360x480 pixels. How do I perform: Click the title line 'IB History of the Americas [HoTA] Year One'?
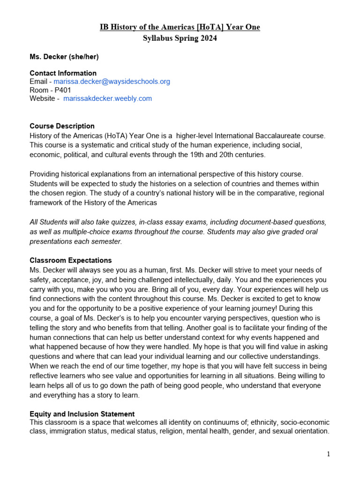pos(180,27)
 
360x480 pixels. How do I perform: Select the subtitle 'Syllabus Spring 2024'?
pos(180,38)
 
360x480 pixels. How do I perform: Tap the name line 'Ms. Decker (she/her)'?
pos(64,57)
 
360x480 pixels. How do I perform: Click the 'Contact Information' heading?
pos(63,73)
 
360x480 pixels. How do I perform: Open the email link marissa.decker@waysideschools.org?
pos(112,82)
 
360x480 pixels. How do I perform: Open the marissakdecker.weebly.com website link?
pos(107,98)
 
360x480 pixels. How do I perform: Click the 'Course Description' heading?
pos(62,126)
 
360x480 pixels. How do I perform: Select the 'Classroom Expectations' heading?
pos(71,260)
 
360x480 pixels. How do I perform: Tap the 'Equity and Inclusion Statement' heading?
pos(82,414)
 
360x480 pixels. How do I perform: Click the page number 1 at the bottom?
pos(329,454)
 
